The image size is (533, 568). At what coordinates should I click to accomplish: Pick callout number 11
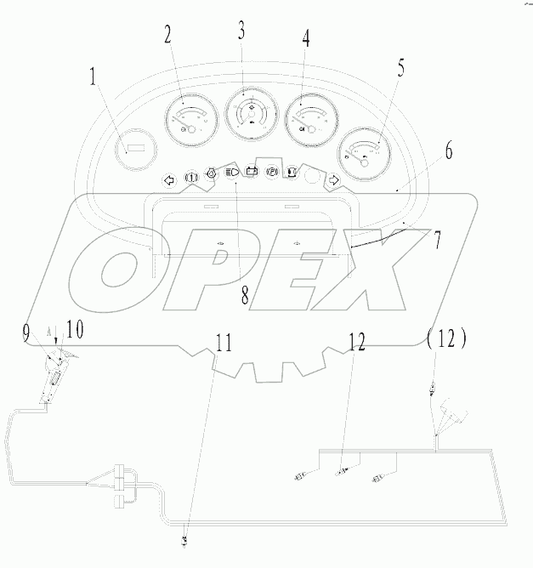click(x=222, y=344)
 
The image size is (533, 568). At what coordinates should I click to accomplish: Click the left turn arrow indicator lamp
click(x=167, y=179)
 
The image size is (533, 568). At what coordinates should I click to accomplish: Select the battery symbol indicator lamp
click(x=252, y=171)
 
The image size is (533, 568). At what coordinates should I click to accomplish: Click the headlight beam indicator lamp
click(x=231, y=173)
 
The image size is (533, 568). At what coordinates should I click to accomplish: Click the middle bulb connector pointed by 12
click(x=344, y=471)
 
